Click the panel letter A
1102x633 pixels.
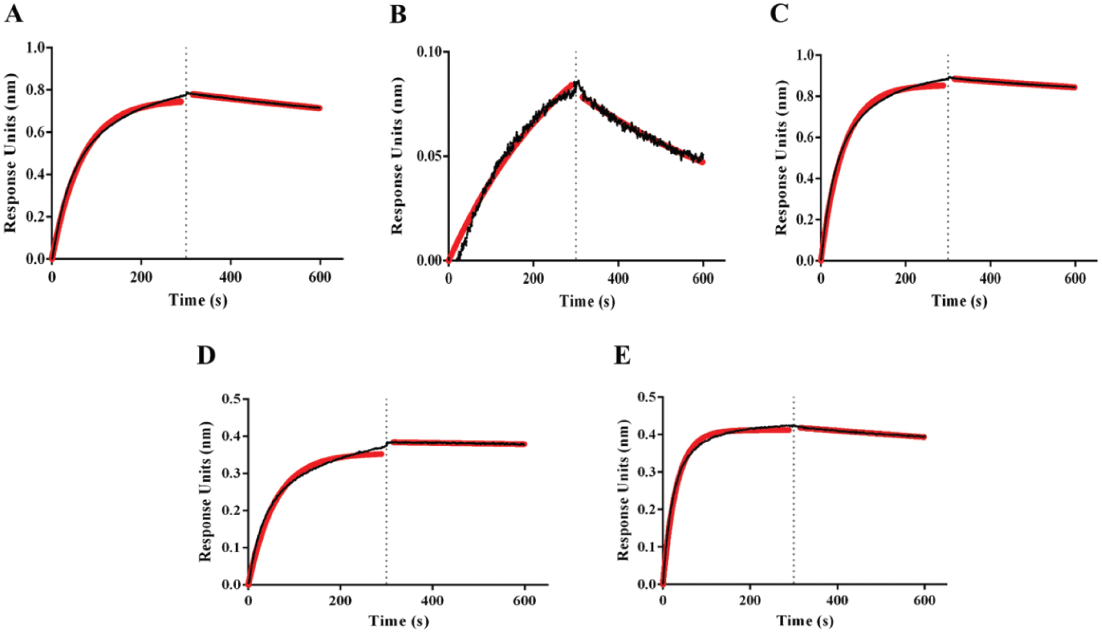pyautogui.click(x=14, y=14)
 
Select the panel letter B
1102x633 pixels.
pyautogui.click(x=398, y=14)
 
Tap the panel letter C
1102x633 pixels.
pyautogui.click(x=779, y=13)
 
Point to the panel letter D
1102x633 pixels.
pyautogui.click(x=206, y=355)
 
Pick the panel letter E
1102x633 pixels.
pyautogui.click(x=622, y=355)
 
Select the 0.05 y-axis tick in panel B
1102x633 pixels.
pyautogui.click(x=429, y=156)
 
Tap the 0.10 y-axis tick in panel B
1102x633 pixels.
pyautogui.click(x=429, y=52)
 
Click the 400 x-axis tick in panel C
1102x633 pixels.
pyautogui.click(x=990, y=278)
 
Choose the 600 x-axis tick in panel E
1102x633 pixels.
pyautogui.click(x=924, y=601)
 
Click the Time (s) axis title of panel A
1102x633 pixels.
pyautogui.click(x=197, y=300)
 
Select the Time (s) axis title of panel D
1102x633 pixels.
pyautogui.click(x=398, y=621)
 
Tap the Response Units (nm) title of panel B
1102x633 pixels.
pyautogui.click(x=397, y=155)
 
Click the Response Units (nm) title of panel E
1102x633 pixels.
pyautogui.click(x=623, y=490)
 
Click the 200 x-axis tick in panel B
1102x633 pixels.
pyautogui.click(x=533, y=278)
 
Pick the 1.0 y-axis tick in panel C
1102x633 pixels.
pyautogui.click(x=805, y=55)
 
